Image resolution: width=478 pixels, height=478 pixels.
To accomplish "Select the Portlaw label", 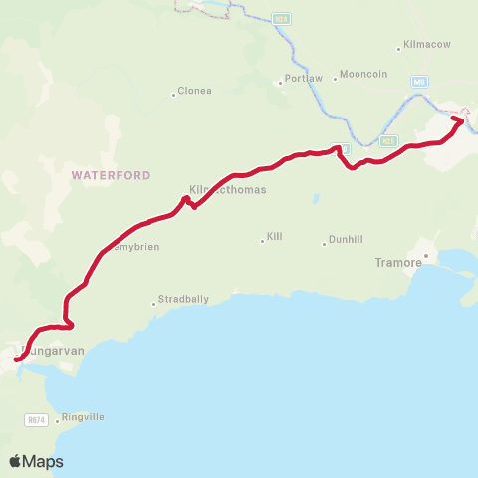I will (x=302, y=77).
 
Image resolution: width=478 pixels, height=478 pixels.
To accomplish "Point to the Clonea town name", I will (x=195, y=91).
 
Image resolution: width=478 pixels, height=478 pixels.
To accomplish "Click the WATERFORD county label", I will (x=110, y=175).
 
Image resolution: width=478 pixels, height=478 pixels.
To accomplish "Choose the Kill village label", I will (x=275, y=237).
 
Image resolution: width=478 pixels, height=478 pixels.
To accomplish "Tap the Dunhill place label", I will (x=346, y=239).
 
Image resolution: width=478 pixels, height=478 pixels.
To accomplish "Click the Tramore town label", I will (x=399, y=263).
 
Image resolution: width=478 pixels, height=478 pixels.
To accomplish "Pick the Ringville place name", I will (x=83, y=417).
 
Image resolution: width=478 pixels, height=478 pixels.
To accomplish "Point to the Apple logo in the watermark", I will (x=16, y=461).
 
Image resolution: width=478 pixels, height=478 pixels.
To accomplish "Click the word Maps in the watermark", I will (x=44, y=461).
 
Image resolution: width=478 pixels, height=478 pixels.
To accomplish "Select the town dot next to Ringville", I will (x=57, y=417).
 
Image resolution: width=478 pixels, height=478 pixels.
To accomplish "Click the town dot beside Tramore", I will (x=425, y=257).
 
